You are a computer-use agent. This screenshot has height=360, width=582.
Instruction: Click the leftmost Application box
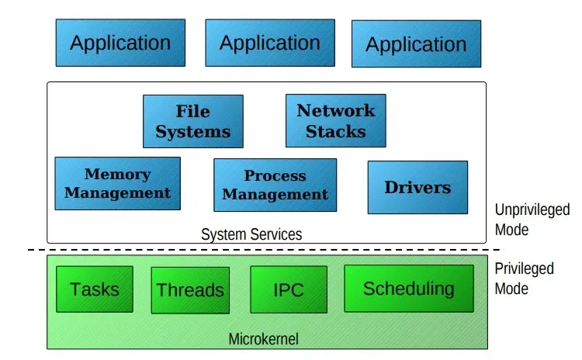(120, 43)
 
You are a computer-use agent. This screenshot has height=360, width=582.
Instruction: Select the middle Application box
(270, 43)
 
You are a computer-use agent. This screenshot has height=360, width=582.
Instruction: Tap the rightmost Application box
(417, 43)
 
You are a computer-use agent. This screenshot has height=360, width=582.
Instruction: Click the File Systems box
(193, 121)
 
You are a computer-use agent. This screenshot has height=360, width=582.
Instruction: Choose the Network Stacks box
(336, 120)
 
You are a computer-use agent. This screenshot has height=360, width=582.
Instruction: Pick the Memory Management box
(118, 183)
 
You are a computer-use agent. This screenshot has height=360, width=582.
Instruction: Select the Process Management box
(275, 185)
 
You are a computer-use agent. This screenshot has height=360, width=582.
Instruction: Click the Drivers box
(418, 188)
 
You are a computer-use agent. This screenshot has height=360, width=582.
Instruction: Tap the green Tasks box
(95, 289)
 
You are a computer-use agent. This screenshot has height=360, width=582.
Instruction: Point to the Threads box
(190, 290)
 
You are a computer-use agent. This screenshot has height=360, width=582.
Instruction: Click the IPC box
(289, 289)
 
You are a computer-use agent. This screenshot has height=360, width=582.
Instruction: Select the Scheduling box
(409, 289)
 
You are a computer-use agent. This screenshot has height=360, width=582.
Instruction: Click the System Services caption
(251, 234)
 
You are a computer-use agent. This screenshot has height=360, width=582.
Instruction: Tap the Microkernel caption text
(264, 339)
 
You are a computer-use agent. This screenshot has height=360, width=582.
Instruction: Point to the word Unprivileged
(532, 210)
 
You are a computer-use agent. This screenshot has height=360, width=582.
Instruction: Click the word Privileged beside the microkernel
(524, 268)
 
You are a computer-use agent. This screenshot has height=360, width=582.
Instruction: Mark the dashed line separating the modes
(264, 250)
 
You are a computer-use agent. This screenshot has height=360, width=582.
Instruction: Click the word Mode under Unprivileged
(511, 230)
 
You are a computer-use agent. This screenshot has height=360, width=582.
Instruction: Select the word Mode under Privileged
(511, 289)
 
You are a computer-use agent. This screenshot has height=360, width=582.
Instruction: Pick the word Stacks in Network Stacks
(336, 132)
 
